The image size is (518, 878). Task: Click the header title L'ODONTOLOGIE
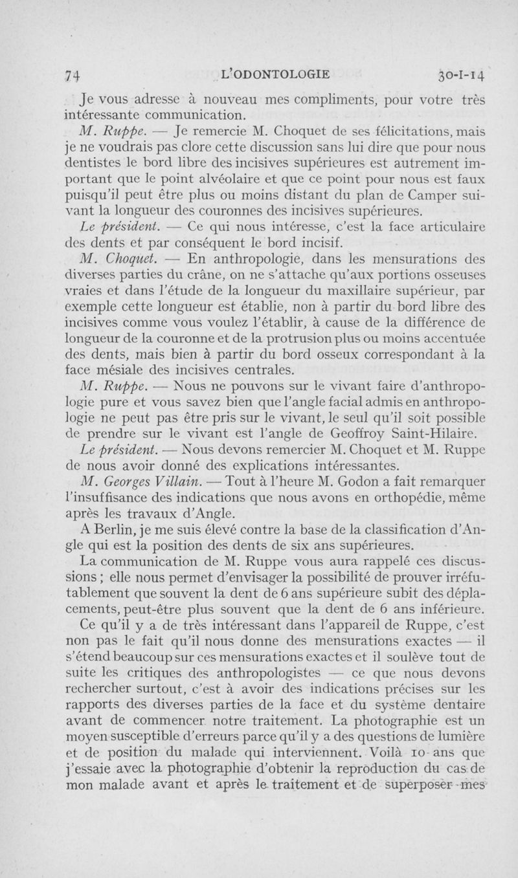click(275, 74)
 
